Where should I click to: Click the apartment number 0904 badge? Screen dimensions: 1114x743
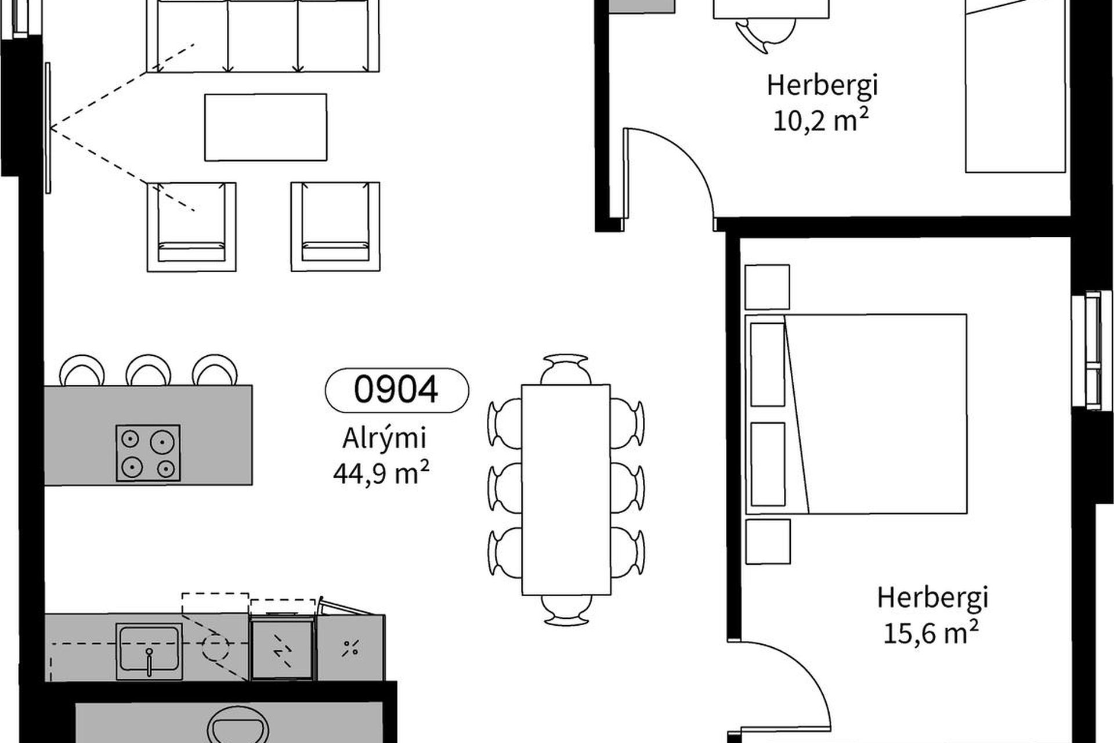point(397,390)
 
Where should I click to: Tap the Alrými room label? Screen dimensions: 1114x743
point(384,438)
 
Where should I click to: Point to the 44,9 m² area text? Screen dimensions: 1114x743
point(381,473)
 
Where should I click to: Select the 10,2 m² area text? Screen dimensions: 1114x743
point(821,121)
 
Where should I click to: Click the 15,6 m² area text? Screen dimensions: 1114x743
point(931,632)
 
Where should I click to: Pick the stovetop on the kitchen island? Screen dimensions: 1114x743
point(148,453)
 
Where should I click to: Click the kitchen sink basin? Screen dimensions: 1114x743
point(149,650)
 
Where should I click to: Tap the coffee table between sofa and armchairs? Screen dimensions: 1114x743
point(266,127)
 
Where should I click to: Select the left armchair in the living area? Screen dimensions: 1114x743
point(191,226)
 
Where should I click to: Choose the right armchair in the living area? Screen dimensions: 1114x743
point(335,226)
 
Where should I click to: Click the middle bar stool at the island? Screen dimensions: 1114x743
point(149,370)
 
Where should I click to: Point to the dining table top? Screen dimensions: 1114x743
point(566,489)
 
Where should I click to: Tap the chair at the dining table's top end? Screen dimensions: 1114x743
point(566,369)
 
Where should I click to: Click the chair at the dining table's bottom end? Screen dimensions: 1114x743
point(566,610)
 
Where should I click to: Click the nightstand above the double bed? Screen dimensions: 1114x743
point(767,287)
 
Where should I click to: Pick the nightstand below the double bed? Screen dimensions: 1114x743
point(768,542)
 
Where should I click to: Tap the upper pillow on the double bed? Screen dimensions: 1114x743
point(768,365)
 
